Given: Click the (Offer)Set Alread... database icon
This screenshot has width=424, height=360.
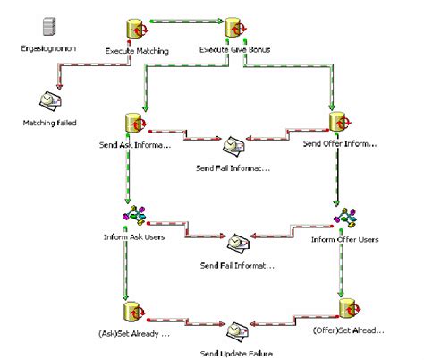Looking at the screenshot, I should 348,308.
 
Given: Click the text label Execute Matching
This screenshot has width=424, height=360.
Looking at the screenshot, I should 137,50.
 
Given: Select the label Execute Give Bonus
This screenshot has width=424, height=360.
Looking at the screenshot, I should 234,50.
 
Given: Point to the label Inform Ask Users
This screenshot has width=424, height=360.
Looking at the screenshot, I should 133,238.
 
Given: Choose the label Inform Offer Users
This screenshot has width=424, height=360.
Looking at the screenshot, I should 344,239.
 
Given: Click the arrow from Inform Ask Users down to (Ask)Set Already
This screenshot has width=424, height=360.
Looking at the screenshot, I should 127,269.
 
